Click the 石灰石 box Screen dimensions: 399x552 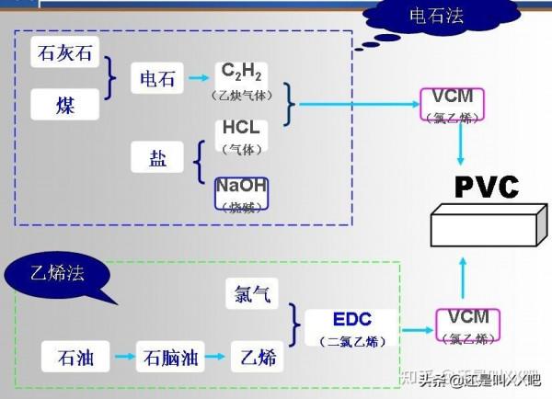pos(64,54)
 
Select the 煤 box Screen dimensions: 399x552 pos(64,105)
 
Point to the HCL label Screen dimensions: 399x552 pos(242,130)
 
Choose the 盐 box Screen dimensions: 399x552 pos(158,157)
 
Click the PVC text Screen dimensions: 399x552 pos(487,186)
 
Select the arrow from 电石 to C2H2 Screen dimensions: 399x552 pos(198,77)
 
